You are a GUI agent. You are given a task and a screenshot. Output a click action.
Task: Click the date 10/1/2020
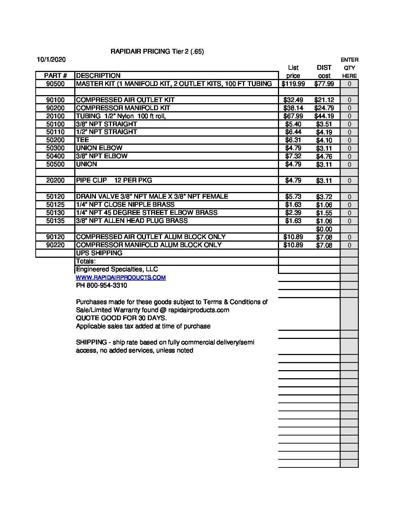tap(51, 59)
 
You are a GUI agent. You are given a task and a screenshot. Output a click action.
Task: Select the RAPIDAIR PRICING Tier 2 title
tap(157, 51)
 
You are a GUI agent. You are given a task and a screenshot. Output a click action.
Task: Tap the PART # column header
tap(55, 76)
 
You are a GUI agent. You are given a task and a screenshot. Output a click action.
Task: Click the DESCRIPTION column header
tap(98, 76)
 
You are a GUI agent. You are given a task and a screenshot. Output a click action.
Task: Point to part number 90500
tap(55, 84)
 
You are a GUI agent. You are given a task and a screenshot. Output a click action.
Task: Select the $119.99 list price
tap(293, 84)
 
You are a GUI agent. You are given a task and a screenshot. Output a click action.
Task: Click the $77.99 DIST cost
tap(324, 84)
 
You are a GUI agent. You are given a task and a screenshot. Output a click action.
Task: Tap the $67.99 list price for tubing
tap(293, 116)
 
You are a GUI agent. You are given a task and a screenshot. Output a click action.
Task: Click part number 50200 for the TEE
tap(55, 140)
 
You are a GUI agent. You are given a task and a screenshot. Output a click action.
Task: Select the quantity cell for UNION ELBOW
tap(349, 148)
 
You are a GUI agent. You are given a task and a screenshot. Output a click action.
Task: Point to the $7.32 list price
tap(293, 156)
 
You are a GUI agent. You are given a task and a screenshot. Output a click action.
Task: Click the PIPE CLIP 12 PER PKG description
tap(114, 180)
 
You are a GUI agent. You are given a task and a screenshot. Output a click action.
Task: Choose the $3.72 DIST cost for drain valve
tap(324, 197)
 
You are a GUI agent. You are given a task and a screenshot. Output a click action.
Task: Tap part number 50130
tap(55, 213)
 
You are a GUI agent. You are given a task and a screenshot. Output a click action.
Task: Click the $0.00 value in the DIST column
tap(324, 229)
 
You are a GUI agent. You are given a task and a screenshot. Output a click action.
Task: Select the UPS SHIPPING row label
tap(99, 253)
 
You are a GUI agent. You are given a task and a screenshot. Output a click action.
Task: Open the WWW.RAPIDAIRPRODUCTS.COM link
tap(121, 278)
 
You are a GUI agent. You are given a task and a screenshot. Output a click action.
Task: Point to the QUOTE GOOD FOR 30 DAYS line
tap(121, 318)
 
